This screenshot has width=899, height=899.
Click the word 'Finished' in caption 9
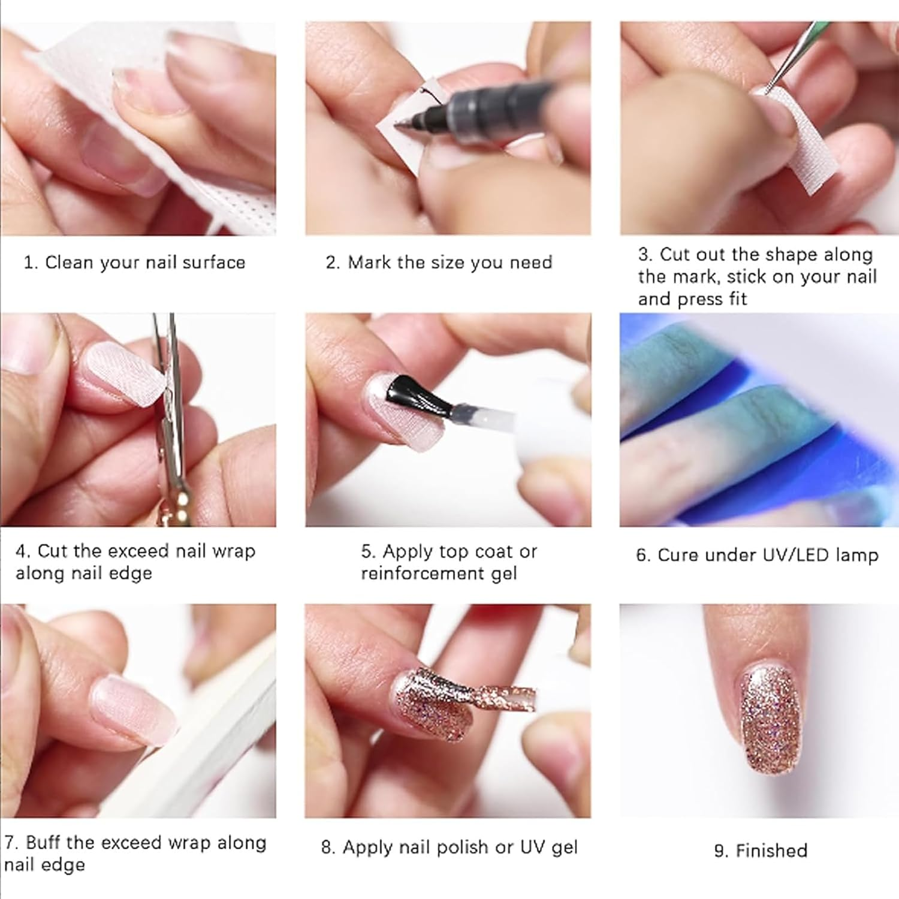point(771,850)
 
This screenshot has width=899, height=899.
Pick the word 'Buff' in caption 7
point(44,843)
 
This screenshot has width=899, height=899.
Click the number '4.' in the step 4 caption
point(23,551)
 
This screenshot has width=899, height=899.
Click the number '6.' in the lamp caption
point(643,555)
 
